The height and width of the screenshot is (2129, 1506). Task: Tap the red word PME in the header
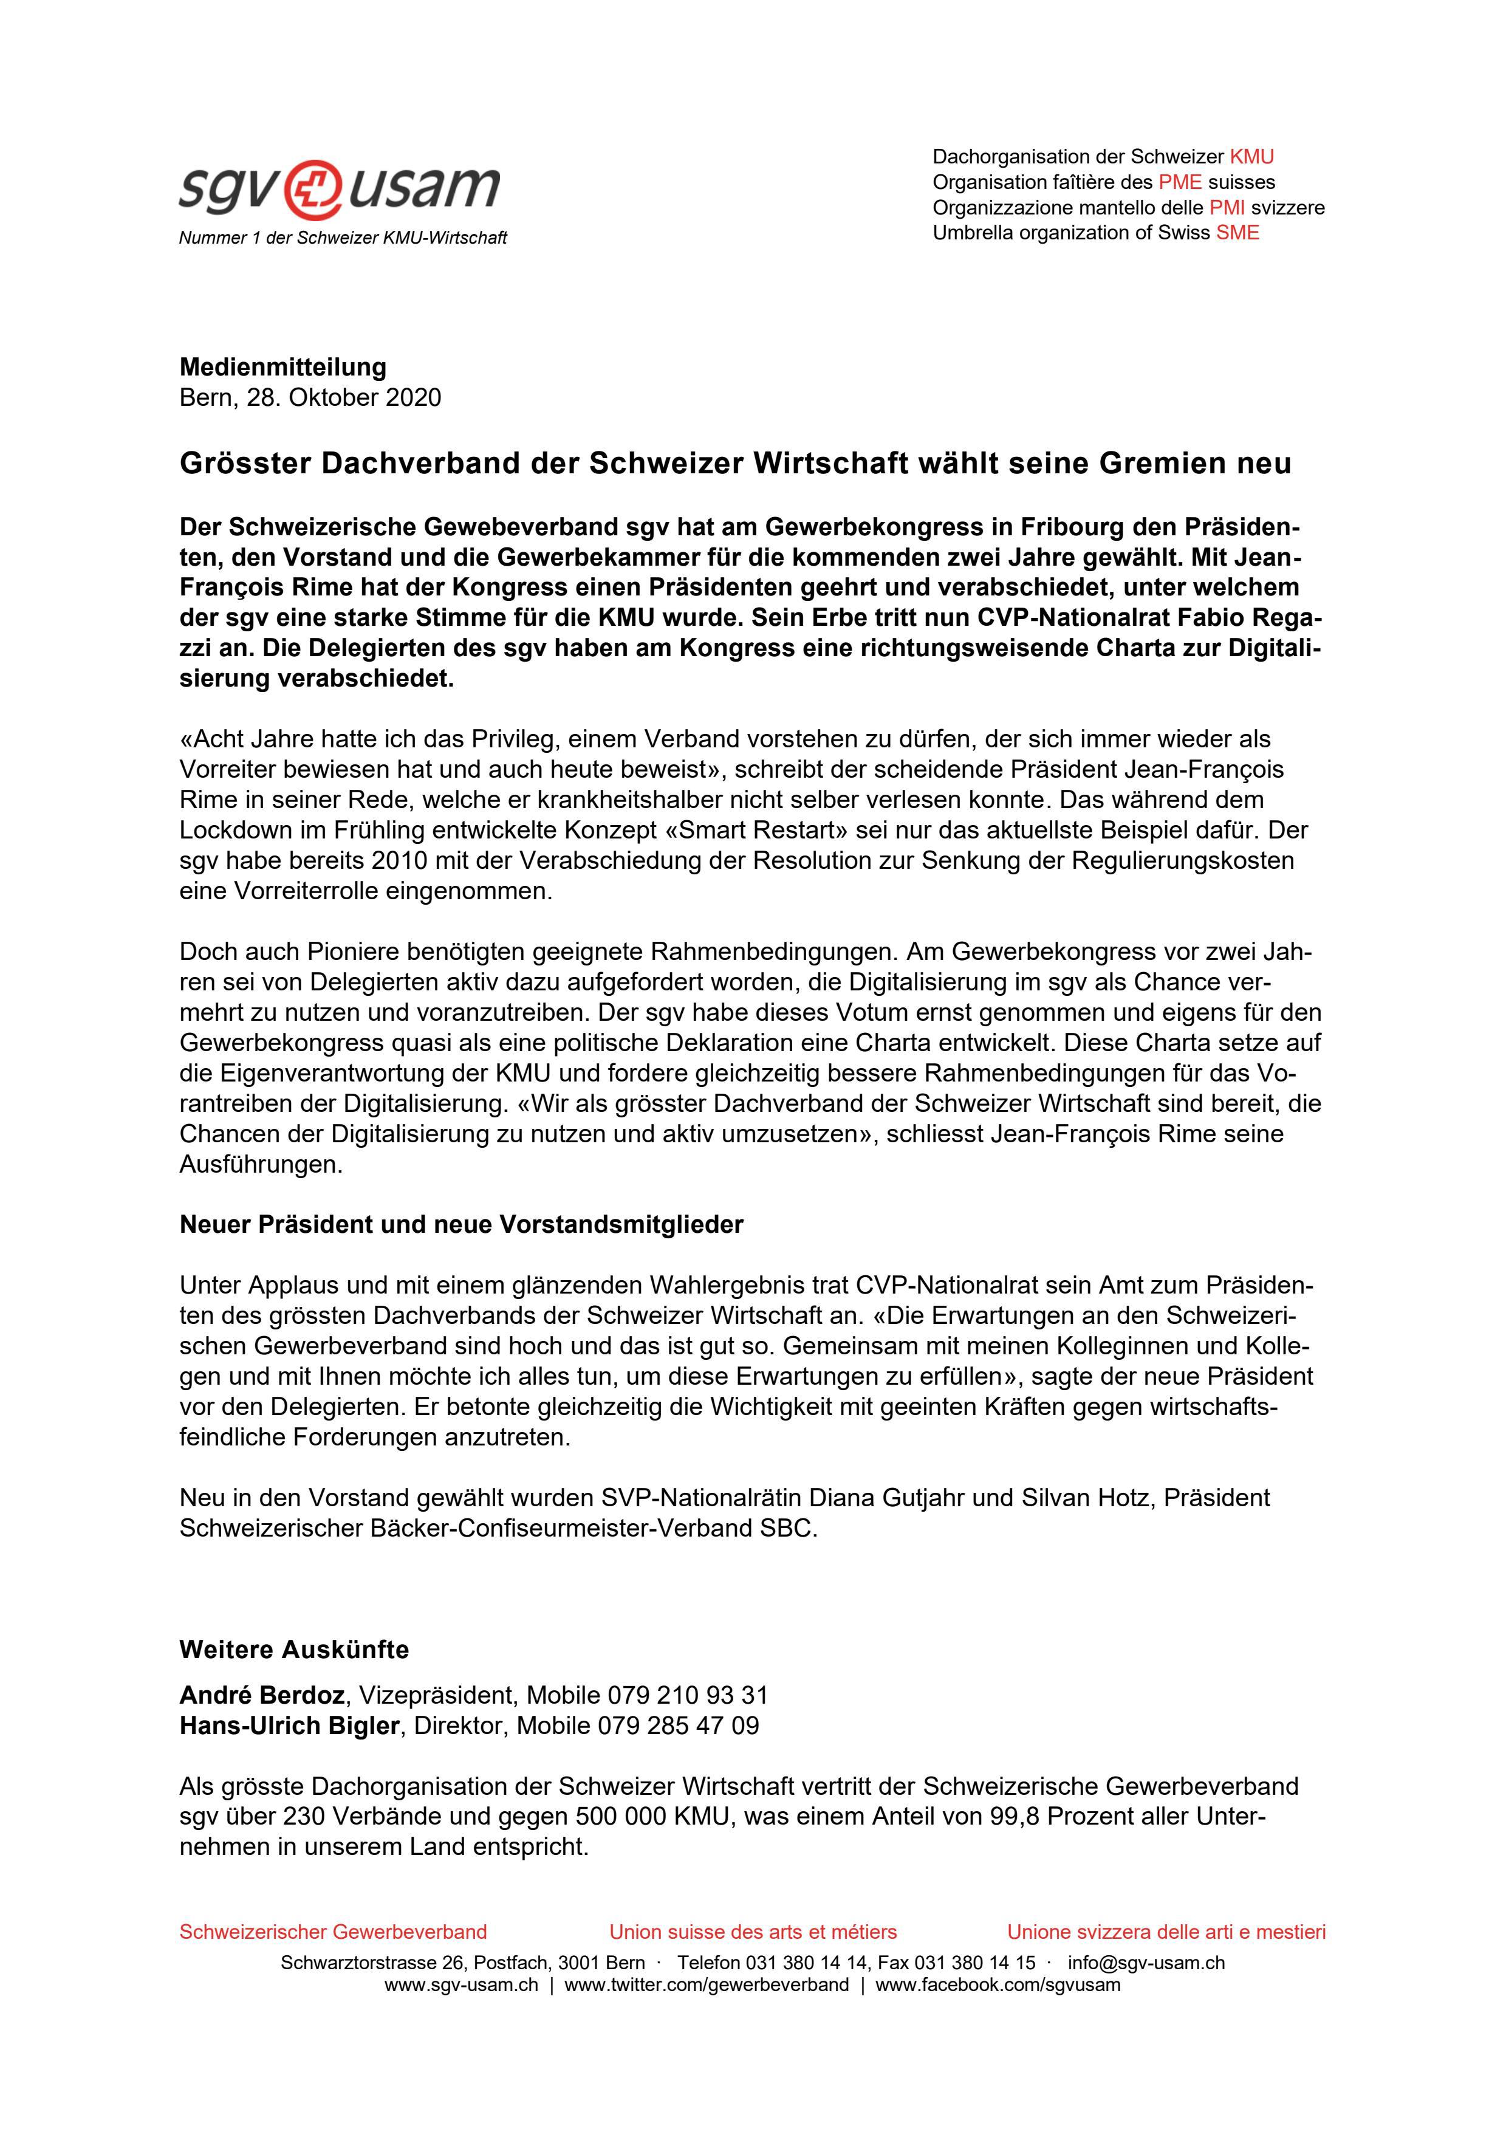[1180, 182]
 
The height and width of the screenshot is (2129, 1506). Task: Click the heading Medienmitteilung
[283, 367]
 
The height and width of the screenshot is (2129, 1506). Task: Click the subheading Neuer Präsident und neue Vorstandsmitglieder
[461, 1225]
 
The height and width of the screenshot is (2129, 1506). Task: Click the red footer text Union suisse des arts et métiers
[753, 1932]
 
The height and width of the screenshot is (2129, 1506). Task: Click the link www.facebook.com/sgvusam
[998, 1984]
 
